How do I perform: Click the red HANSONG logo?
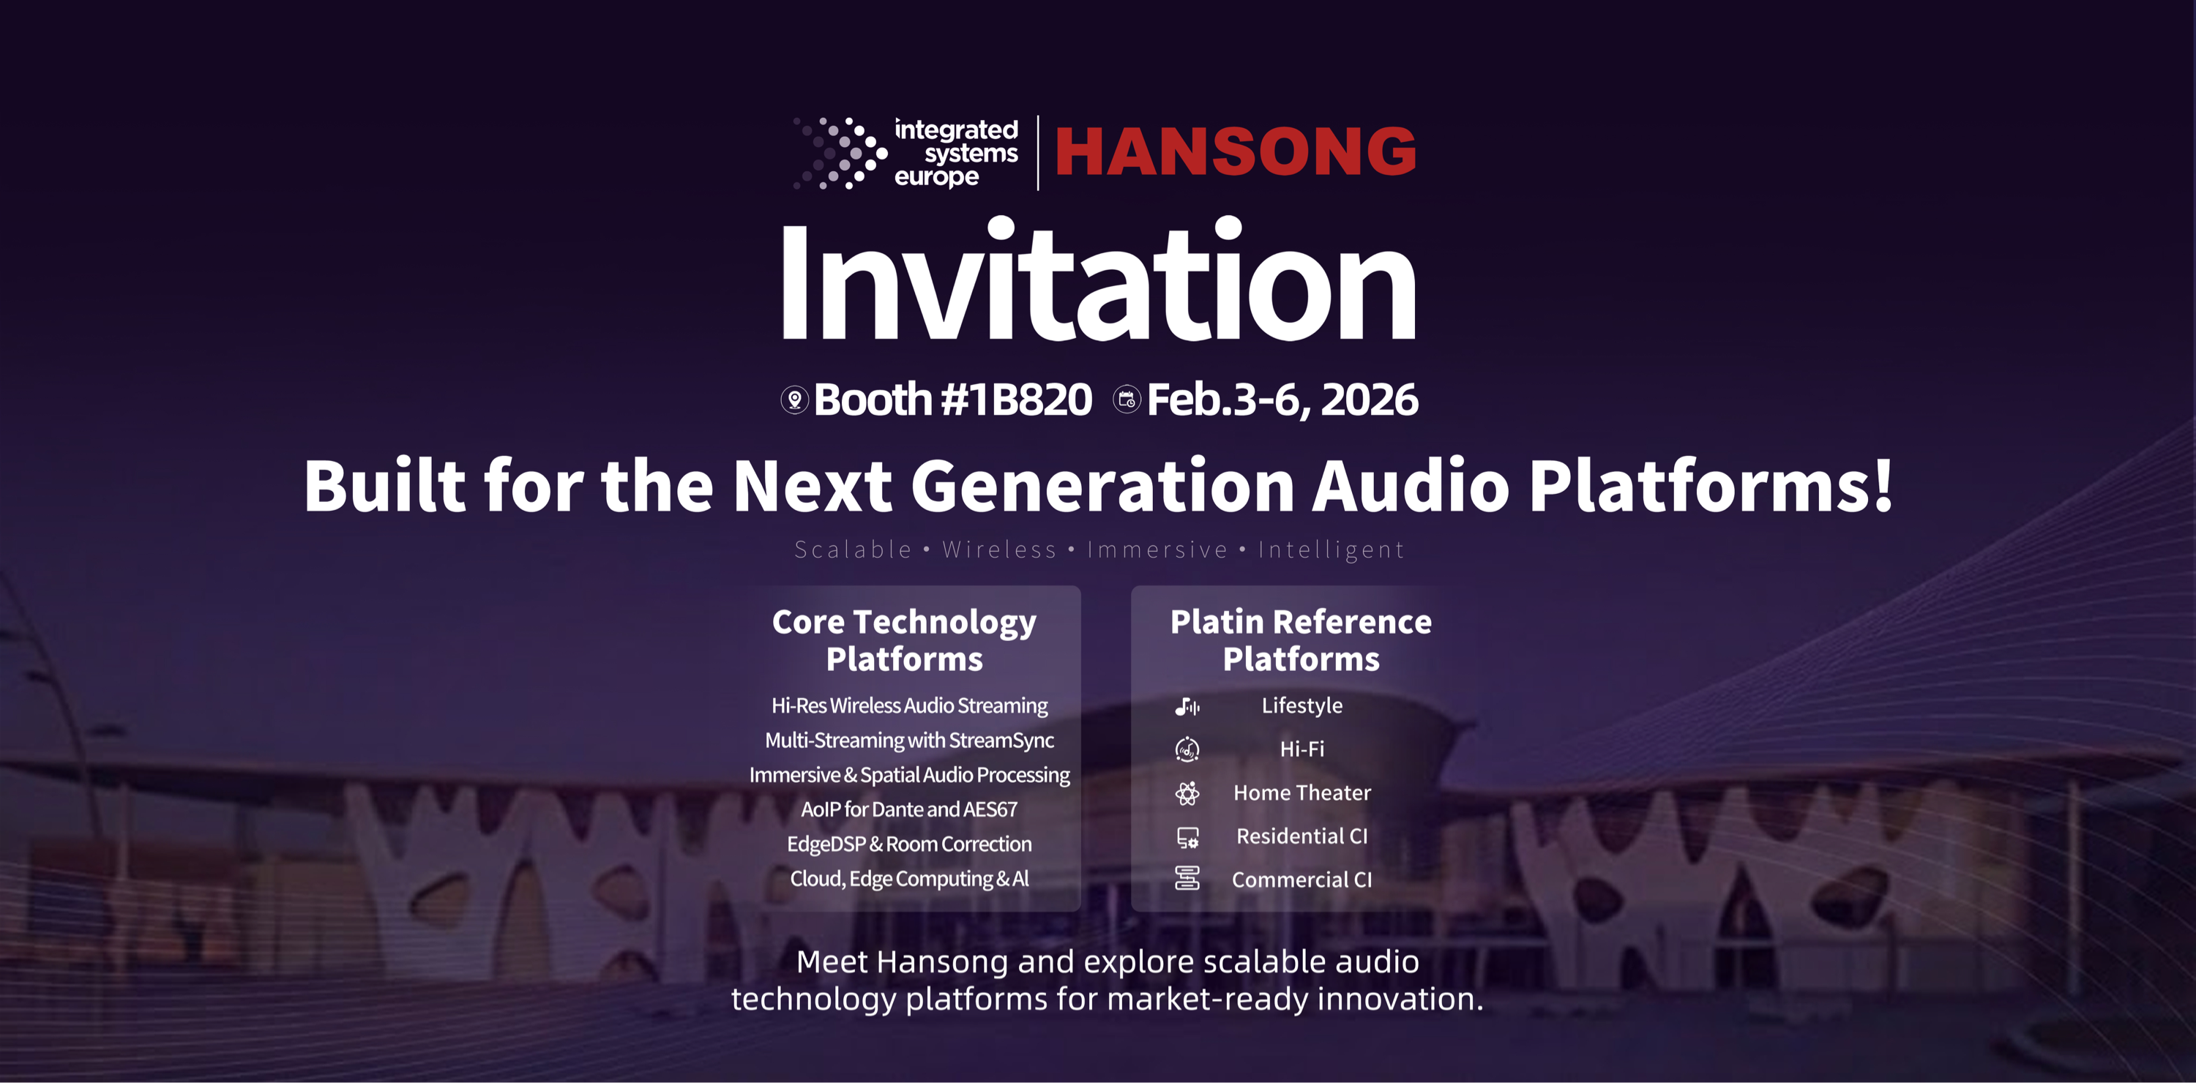pos(1236,151)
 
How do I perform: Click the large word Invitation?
pos(1098,280)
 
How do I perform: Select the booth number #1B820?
pos(1015,399)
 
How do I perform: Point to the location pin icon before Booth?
pos(794,400)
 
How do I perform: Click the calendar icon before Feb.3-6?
pos(1126,399)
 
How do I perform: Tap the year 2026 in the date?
pos(1369,399)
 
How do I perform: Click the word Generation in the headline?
pos(1103,486)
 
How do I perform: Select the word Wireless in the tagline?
pos(999,550)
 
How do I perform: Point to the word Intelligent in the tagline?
pos(1331,550)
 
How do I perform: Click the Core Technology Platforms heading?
pos(905,640)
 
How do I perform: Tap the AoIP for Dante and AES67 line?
pos(908,809)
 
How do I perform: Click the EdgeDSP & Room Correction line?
pos(908,844)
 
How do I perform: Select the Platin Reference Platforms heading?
pos(1301,640)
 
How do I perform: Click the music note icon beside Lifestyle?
pos(1187,705)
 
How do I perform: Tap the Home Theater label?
pos(1301,792)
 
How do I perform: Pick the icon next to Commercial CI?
pos(1187,879)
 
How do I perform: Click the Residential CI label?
pos(1301,836)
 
